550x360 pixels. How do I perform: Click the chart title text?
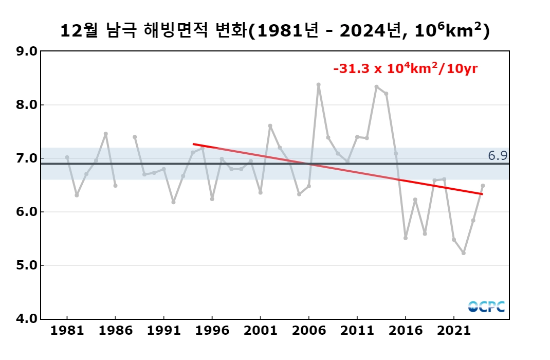274,31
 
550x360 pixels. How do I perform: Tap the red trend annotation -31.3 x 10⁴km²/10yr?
406,68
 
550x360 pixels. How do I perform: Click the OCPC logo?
486,307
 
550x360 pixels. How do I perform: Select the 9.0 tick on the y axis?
26,51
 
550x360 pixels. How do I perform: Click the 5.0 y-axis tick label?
26,265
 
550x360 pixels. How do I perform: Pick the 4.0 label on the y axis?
26,319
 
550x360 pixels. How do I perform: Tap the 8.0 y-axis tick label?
26,105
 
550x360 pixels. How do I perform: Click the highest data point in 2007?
318,84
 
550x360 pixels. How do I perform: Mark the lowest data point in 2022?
464,253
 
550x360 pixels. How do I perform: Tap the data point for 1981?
67,157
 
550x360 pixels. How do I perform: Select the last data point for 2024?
483,186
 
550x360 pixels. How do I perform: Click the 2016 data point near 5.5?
406,238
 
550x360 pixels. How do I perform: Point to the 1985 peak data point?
105,134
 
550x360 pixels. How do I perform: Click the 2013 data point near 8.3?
376,87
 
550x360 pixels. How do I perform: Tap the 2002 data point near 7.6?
270,125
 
